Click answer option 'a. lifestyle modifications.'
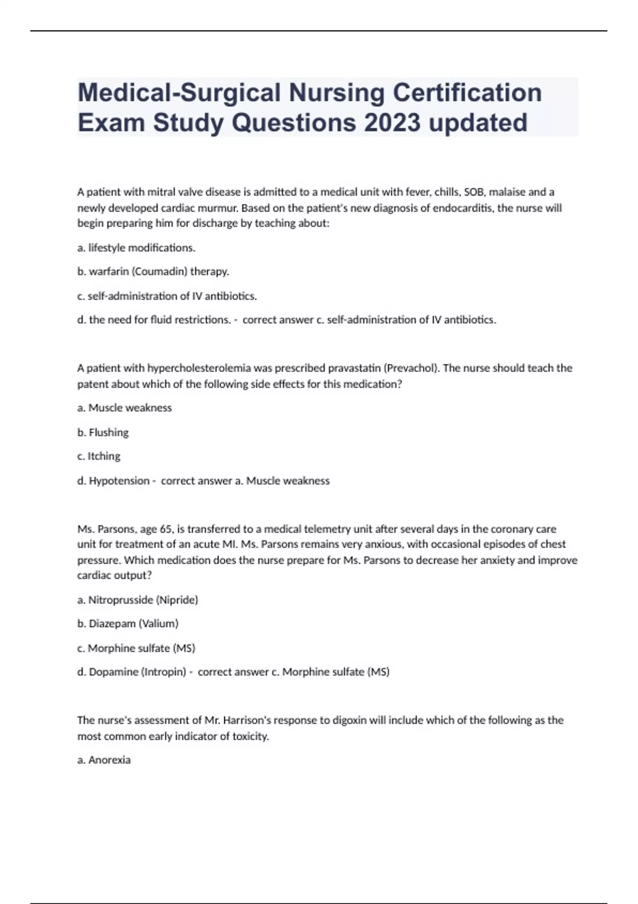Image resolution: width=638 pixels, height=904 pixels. [136, 248]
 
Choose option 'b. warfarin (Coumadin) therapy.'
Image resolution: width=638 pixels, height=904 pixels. [153, 272]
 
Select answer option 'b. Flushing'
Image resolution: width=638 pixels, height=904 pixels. [103, 432]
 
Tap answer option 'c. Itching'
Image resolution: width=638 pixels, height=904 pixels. [99, 456]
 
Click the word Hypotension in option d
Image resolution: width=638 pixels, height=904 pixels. [119, 481]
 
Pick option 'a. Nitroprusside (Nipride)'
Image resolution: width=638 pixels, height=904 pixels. [138, 600]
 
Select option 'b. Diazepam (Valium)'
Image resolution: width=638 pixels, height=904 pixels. [128, 624]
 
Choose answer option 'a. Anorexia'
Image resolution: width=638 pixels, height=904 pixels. [104, 760]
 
